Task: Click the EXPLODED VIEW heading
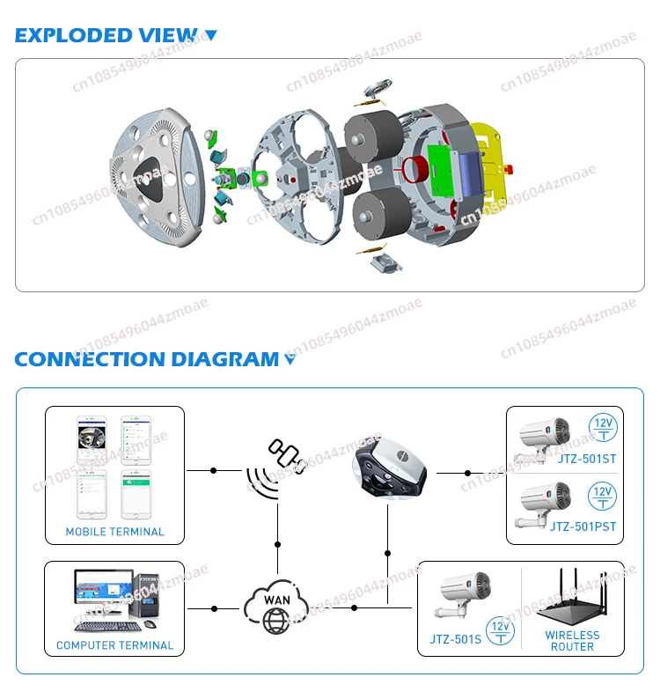(x=106, y=35)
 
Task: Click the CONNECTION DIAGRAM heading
(x=146, y=359)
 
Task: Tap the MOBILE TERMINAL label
(x=114, y=532)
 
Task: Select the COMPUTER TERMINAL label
(x=114, y=645)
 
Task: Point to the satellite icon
(x=288, y=455)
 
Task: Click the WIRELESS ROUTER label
(x=572, y=641)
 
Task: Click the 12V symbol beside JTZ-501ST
(x=602, y=425)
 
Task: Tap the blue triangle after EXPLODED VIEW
(x=210, y=36)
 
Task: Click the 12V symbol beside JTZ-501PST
(x=602, y=495)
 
